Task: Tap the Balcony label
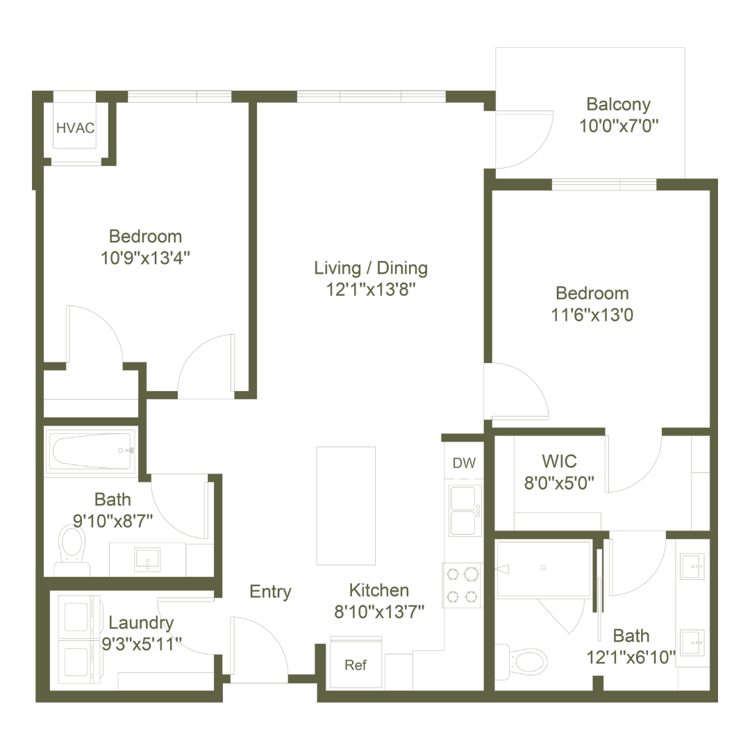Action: click(x=618, y=106)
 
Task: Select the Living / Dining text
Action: click(x=370, y=268)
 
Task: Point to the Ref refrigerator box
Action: click(x=356, y=665)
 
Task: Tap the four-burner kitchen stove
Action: click(x=463, y=585)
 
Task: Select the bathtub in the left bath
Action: click(x=90, y=451)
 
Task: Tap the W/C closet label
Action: click(x=560, y=460)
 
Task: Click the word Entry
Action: click(x=271, y=592)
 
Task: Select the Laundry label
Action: click(x=142, y=623)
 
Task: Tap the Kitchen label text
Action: click(x=379, y=591)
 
